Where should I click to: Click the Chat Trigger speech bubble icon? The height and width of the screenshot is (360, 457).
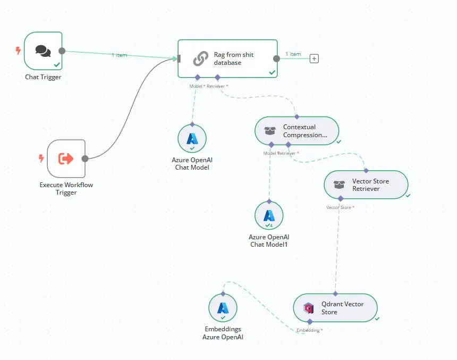point(43,51)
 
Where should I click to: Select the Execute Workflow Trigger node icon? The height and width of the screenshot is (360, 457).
point(66,158)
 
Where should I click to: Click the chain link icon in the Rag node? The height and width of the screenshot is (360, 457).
point(201,58)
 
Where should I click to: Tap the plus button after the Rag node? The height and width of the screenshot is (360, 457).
point(314,58)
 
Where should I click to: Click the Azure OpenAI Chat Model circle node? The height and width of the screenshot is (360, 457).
point(192,139)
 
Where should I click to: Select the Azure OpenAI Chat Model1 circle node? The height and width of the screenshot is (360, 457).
point(269,215)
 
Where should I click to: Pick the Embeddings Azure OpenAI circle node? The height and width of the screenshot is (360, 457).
point(223,308)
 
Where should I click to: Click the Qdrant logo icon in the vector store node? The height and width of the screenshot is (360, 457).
point(308,308)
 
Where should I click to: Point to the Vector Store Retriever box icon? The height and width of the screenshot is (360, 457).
point(339,185)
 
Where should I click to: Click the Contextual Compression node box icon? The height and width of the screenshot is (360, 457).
point(270,131)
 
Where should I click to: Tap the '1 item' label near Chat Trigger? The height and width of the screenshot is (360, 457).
point(119,55)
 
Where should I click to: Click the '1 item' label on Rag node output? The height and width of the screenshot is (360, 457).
point(293,54)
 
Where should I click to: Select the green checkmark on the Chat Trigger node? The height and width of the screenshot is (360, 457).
point(56,64)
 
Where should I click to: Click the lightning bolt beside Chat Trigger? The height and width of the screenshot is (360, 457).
point(19,51)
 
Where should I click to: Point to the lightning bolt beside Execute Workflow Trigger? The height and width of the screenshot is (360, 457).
point(41,158)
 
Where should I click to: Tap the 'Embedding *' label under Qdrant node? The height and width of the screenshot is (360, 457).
point(309,330)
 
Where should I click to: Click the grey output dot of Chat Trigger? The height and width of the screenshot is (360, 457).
point(62,51)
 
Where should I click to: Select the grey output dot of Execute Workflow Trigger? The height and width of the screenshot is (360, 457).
point(84,158)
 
